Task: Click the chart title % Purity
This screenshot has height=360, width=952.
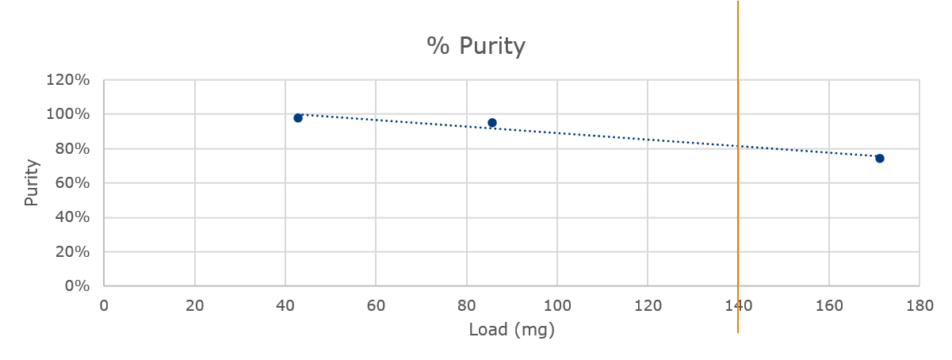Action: pos(476,46)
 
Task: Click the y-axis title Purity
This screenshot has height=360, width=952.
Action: pos(31,183)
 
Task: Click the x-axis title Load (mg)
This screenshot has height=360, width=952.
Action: pos(511,329)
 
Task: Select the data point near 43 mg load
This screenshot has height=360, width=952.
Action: pos(298,118)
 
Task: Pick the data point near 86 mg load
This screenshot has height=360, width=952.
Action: pos(492,123)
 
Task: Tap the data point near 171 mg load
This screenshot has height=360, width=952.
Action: pos(879,159)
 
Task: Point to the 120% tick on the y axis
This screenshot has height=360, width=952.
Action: pos(69,80)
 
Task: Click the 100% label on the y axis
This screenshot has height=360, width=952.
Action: pos(69,114)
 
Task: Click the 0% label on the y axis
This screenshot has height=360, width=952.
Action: pos(77,286)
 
